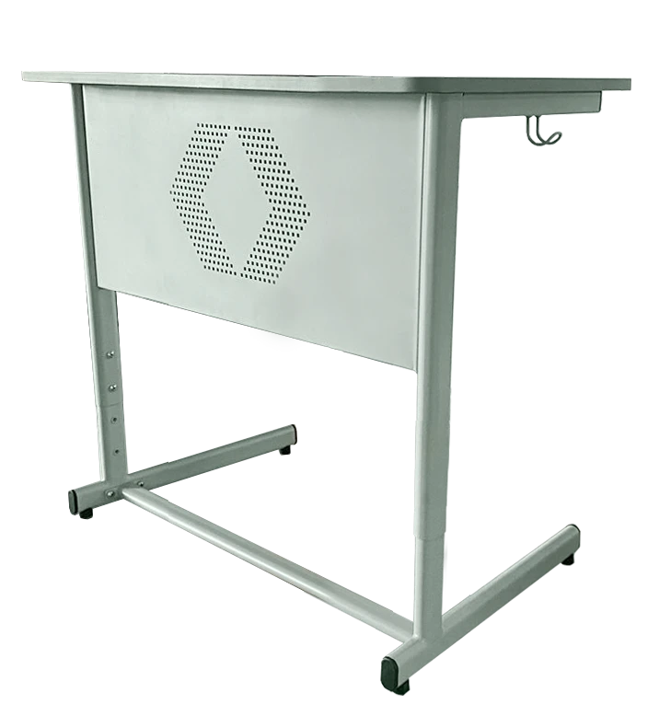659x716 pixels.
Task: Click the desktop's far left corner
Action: (26, 75)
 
